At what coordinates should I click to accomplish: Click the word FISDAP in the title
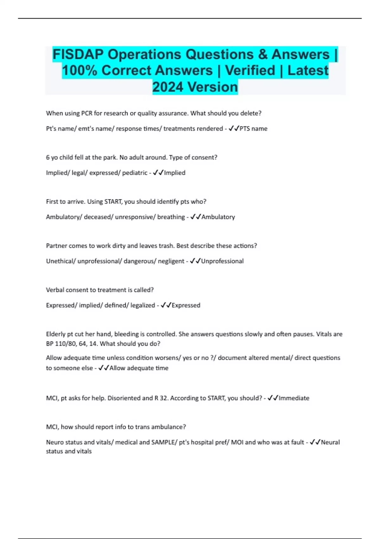(x=78, y=54)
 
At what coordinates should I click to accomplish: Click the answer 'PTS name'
(x=253, y=129)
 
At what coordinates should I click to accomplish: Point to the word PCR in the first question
(x=87, y=113)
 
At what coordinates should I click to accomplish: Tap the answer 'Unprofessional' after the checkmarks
(x=222, y=261)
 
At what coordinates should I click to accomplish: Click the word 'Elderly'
(x=56, y=334)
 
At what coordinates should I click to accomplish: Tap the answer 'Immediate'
(x=294, y=398)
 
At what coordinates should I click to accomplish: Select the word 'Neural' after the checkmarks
(x=330, y=442)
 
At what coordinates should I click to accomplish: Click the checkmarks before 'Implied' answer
(x=158, y=173)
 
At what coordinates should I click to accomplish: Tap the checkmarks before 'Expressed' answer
(x=166, y=305)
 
